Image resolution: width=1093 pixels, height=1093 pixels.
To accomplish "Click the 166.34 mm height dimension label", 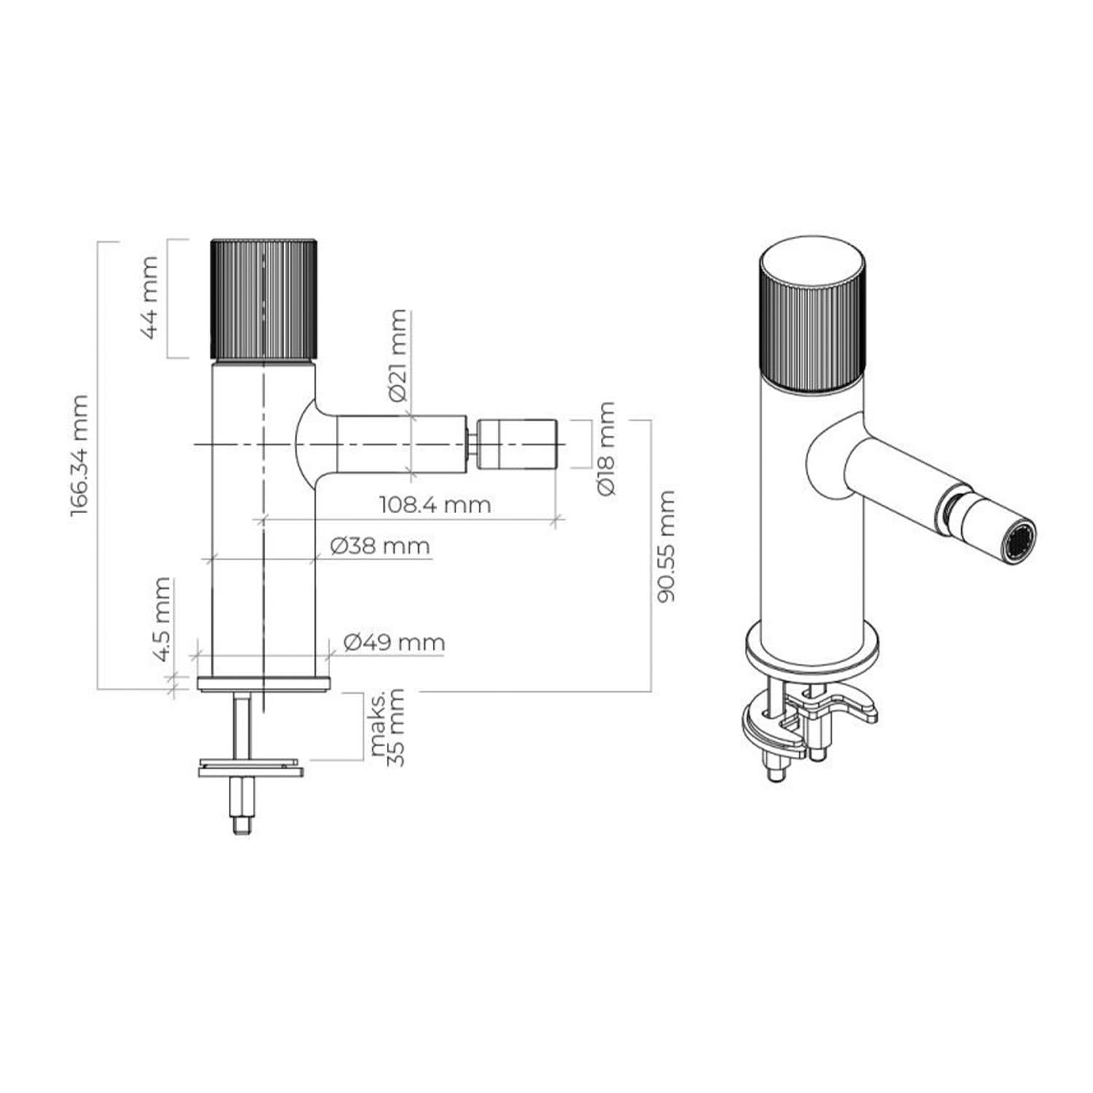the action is point(79,455).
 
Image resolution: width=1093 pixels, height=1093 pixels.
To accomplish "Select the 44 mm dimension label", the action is point(150,297).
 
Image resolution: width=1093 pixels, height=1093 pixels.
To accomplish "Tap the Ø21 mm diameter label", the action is point(398,355).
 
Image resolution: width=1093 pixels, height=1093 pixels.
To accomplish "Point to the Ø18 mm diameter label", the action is point(606,448).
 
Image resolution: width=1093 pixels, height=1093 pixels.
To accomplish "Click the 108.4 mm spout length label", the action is point(435,504).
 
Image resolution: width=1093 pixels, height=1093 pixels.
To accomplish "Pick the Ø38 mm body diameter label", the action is point(380,546).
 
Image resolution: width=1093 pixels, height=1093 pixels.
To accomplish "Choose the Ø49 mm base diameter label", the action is point(394,642).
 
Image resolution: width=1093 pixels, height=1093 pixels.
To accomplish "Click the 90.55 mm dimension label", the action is point(666,546).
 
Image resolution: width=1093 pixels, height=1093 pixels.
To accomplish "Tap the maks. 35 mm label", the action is point(388,727).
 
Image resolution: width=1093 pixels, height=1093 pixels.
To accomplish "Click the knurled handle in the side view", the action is point(264,299).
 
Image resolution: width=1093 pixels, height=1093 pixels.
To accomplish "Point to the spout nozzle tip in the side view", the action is point(517,444).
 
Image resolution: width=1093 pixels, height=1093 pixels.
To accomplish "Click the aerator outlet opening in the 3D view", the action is point(1020,543).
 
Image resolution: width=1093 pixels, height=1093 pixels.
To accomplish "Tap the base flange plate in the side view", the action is point(264,684).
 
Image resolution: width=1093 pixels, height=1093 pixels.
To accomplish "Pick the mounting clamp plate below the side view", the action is point(251,768).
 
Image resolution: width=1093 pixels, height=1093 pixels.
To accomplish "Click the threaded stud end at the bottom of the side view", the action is point(243,826).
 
